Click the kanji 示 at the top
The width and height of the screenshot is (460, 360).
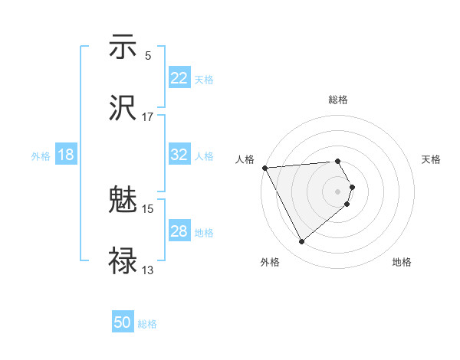pyautogui.click(x=123, y=48)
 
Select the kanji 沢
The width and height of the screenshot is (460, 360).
pyautogui.click(x=123, y=108)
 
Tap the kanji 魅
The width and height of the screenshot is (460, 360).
pyautogui.click(x=123, y=201)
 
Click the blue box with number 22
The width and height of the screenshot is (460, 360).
pyautogui.click(x=179, y=78)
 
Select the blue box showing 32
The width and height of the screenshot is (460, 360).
pyautogui.click(x=179, y=155)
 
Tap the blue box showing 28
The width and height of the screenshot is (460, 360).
pyautogui.click(x=179, y=231)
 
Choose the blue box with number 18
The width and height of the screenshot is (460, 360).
pyautogui.click(x=66, y=155)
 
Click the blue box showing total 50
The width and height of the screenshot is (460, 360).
pyautogui.click(x=123, y=322)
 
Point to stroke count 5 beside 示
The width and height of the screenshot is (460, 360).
pyautogui.click(x=148, y=56)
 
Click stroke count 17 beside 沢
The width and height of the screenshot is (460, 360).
pyautogui.click(x=148, y=117)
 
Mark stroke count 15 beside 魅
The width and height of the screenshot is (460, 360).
pyautogui.click(x=148, y=208)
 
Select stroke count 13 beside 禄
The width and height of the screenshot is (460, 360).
pyautogui.click(x=148, y=270)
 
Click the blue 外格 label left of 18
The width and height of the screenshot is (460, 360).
pyautogui.click(x=41, y=155)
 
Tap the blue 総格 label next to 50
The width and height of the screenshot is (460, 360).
pyautogui.click(x=148, y=324)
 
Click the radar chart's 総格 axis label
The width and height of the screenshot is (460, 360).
pyautogui.click(x=338, y=100)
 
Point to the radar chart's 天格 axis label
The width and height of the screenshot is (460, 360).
pyautogui.click(x=432, y=159)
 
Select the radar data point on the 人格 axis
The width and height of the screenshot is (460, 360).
pyautogui.click(x=264, y=168)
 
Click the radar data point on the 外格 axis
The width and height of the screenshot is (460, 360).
pyautogui.click(x=301, y=242)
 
